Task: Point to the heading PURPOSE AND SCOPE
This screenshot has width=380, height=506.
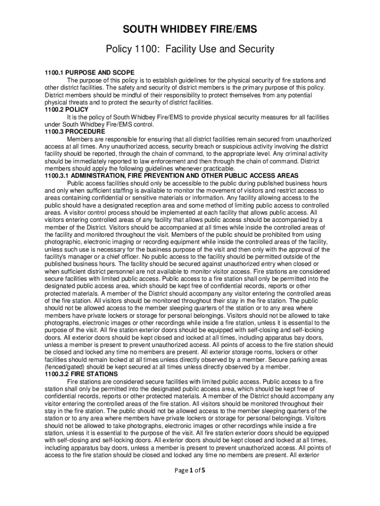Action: (x=99, y=73)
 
